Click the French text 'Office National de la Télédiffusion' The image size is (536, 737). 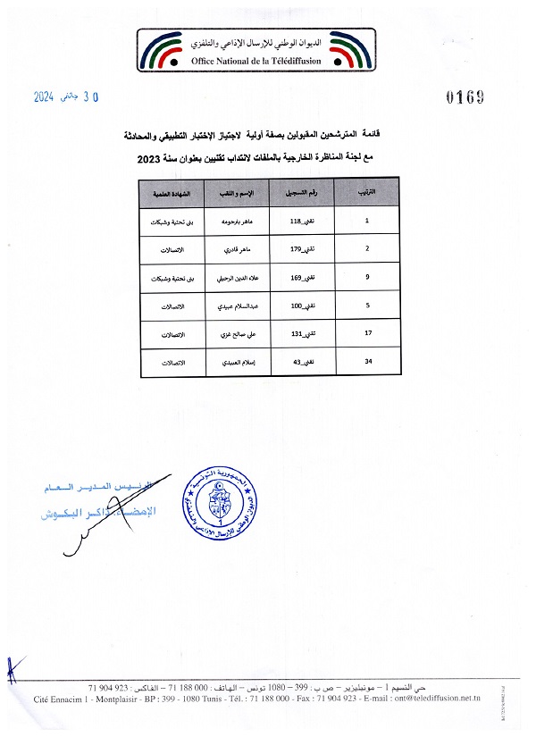coord(268,61)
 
